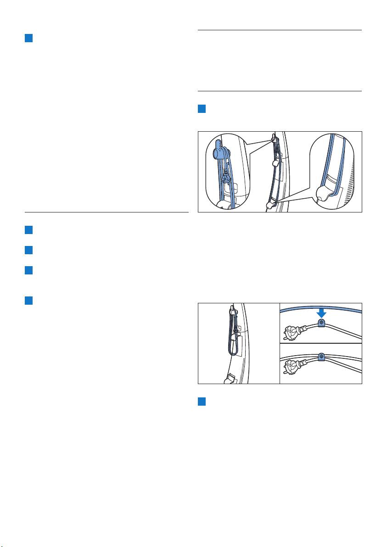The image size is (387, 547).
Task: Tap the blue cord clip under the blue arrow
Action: [321, 323]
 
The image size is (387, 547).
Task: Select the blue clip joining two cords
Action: [321, 356]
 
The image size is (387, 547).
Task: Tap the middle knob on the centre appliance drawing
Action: [276, 163]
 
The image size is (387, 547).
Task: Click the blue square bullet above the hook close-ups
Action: [201, 110]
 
